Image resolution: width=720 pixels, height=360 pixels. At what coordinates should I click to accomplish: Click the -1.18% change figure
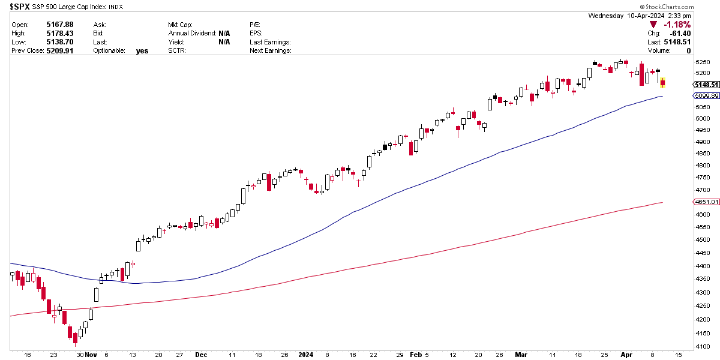click(677, 25)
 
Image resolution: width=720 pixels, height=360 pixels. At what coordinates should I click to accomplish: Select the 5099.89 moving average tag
click(706, 96)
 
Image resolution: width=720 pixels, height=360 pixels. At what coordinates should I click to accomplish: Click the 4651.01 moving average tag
click(706, 202)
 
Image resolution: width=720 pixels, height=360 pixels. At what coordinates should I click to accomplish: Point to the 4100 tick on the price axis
click(703, 347)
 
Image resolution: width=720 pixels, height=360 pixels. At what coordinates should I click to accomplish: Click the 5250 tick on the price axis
click(703, 62)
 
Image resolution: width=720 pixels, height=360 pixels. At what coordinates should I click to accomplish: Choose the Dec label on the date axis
click(201, 355)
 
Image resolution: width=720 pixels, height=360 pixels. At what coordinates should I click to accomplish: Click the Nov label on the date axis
click(91, 355)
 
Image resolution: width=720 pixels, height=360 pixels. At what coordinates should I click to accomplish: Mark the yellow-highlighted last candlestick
click(663, 83)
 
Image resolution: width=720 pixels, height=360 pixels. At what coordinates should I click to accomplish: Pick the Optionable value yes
click(142, 50)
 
